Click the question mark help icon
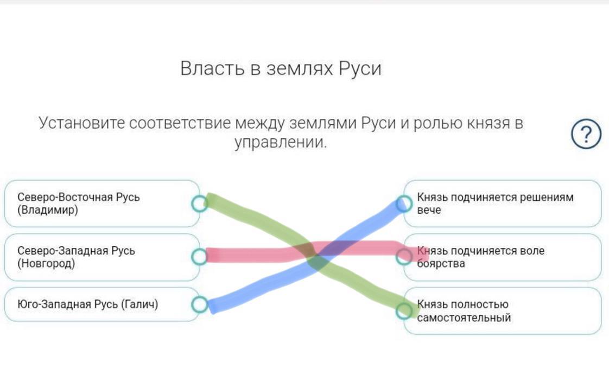[586, 134]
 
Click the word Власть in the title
[212, 68]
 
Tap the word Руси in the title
[360, 68]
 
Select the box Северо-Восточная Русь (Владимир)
[102, 203]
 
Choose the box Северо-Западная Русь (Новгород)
[102, 257]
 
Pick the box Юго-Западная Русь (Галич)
[102, 304]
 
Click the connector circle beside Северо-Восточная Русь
[200, 203]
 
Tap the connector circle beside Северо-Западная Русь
[200, 257]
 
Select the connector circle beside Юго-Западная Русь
[200, 304]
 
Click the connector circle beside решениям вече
[404, 203]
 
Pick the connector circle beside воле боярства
[404, 257]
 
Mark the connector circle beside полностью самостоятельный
[404, 311]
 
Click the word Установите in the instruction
[82, 123]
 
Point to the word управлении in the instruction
[281, 142]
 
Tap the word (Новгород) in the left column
[46, 264]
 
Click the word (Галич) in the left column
[139, 304]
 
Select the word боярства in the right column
[441, 264]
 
